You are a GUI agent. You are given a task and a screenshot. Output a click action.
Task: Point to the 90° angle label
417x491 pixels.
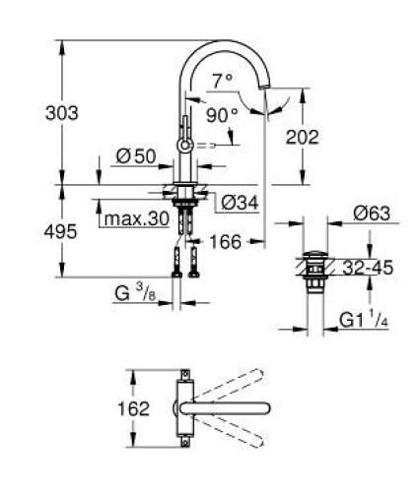222,114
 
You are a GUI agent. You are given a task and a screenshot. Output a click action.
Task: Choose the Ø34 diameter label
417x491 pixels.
233,202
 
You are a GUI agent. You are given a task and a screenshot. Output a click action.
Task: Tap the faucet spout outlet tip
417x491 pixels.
263,96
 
